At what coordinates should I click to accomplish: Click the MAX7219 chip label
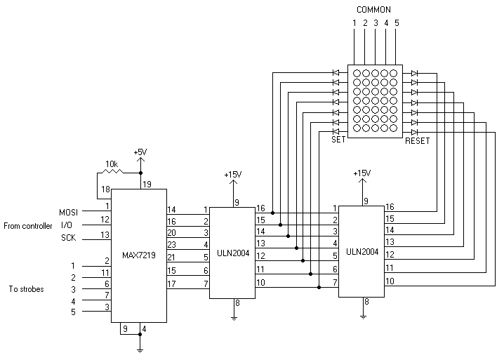[x=138, y=255]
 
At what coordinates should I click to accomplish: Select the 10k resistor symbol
[x=111, y=172]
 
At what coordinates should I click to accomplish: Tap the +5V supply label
[x=140, y=152]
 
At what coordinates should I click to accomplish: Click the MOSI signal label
[x=69, y=211]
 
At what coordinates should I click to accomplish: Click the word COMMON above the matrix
[x=373, y=10]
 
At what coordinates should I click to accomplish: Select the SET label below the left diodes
[x=339, y=140]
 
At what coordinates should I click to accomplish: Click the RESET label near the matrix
[x=417, y=141]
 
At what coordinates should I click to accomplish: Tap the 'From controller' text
[x=27, y=225]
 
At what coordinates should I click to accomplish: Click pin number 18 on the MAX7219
[x=105, y=190]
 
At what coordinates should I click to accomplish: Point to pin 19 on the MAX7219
[x=146, y=185]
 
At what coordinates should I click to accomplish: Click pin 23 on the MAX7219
[x=171, y=244]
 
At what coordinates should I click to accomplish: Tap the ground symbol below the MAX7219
[x=140, y=349]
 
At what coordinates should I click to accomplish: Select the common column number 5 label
[x=396, y=23]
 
